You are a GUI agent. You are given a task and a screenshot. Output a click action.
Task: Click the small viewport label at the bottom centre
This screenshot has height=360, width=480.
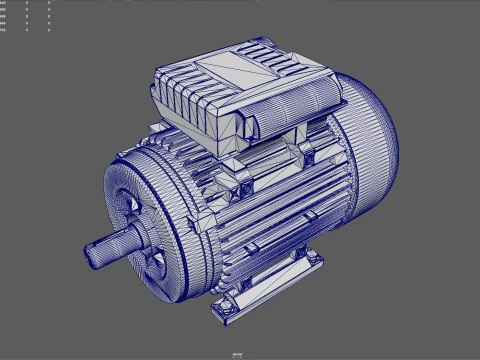[x=238, y=354]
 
